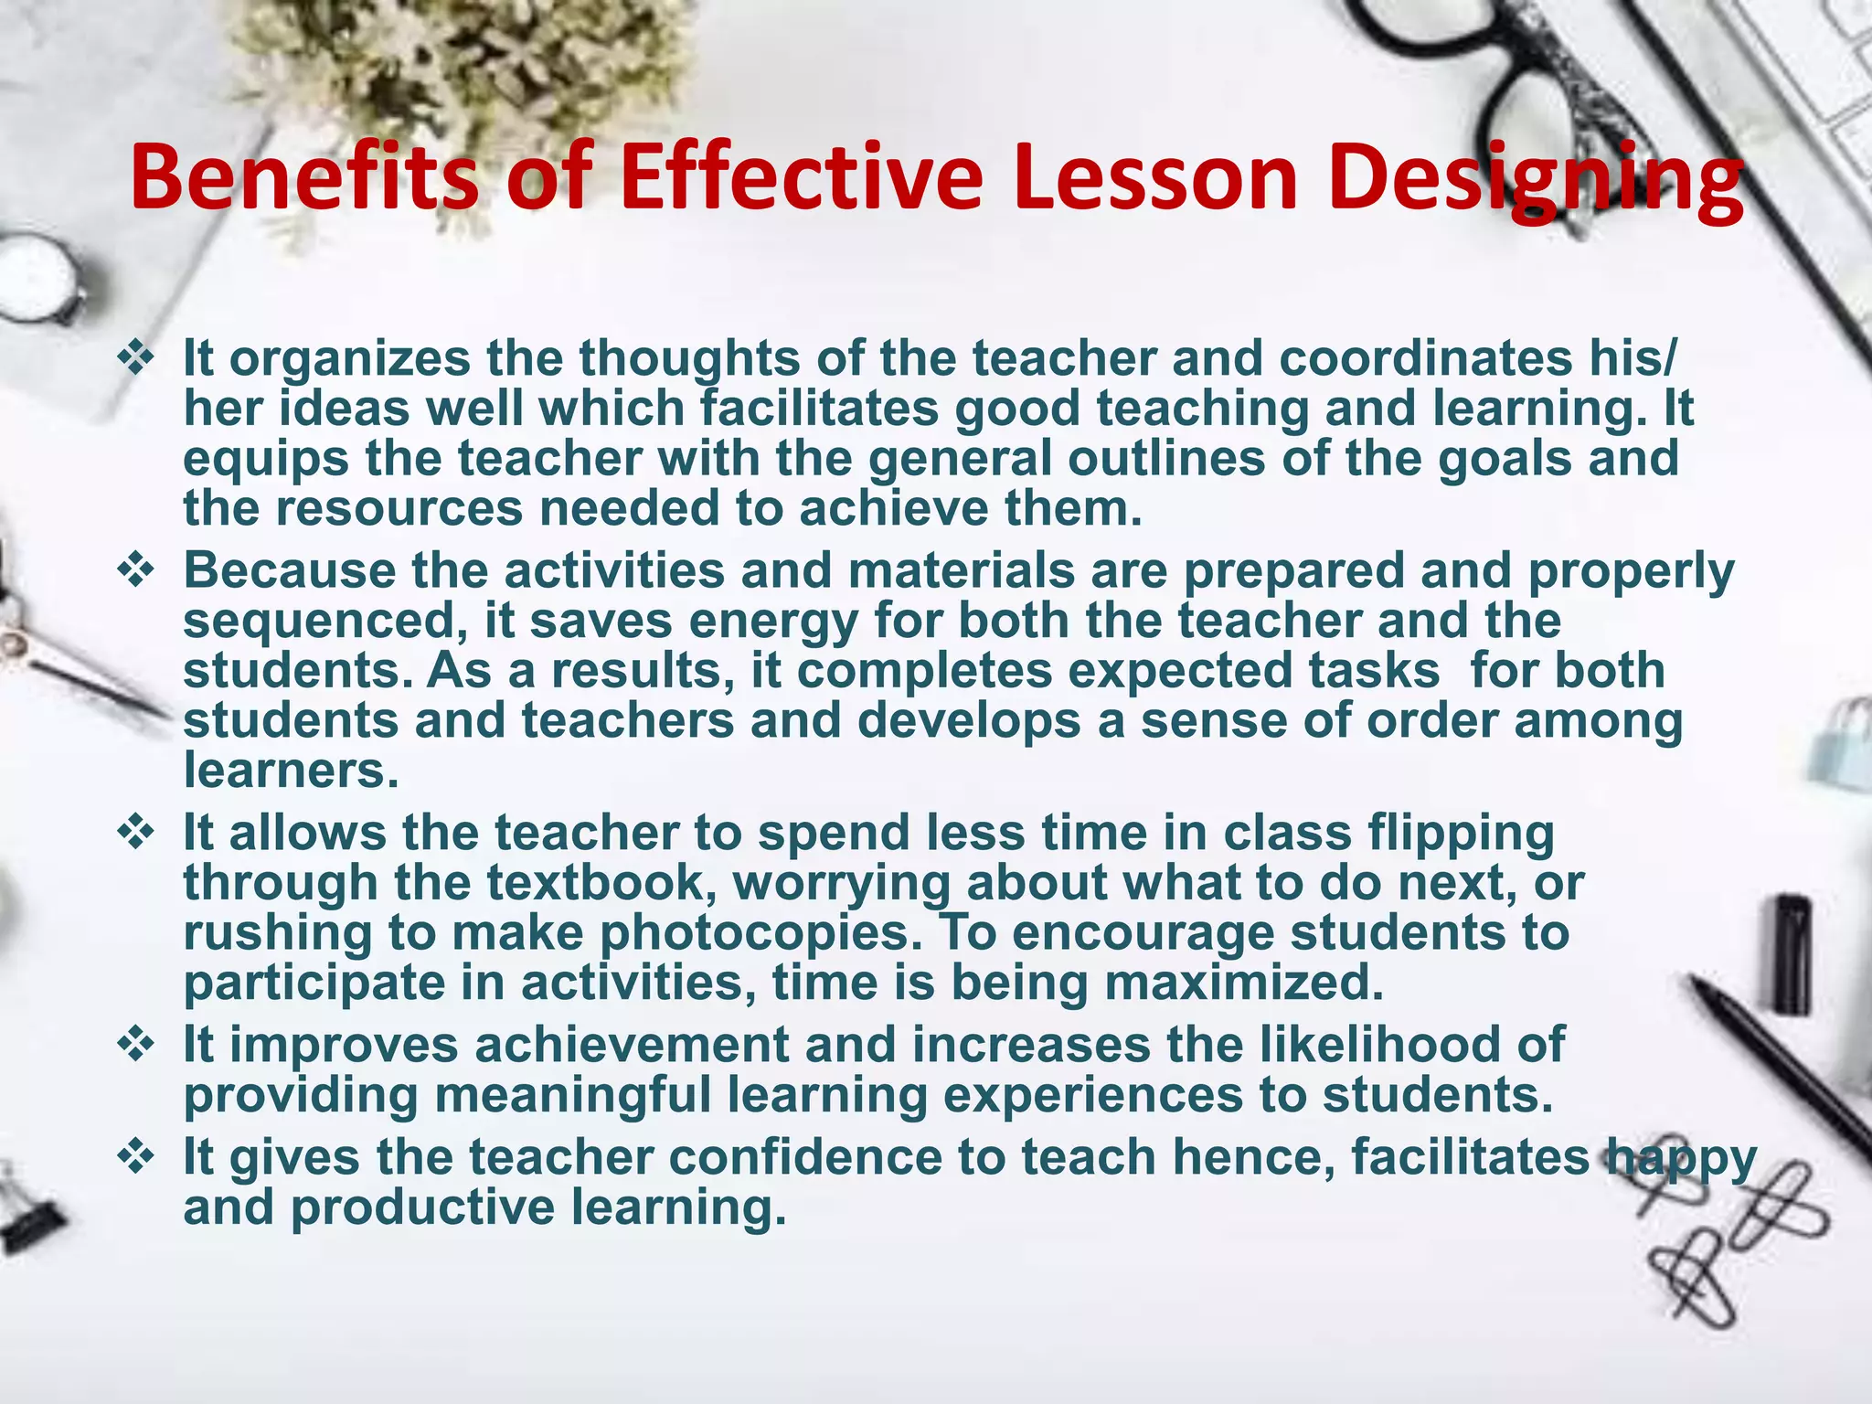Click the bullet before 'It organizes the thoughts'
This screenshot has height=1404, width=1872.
(x=136, y=357)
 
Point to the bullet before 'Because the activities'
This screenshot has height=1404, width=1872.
(x=136, y=571)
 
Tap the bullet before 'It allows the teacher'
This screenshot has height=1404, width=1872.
(x=136, y=833)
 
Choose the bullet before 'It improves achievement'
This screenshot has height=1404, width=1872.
(x=136, y=1045)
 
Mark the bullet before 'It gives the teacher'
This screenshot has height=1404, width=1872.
(x=136, y=1157)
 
